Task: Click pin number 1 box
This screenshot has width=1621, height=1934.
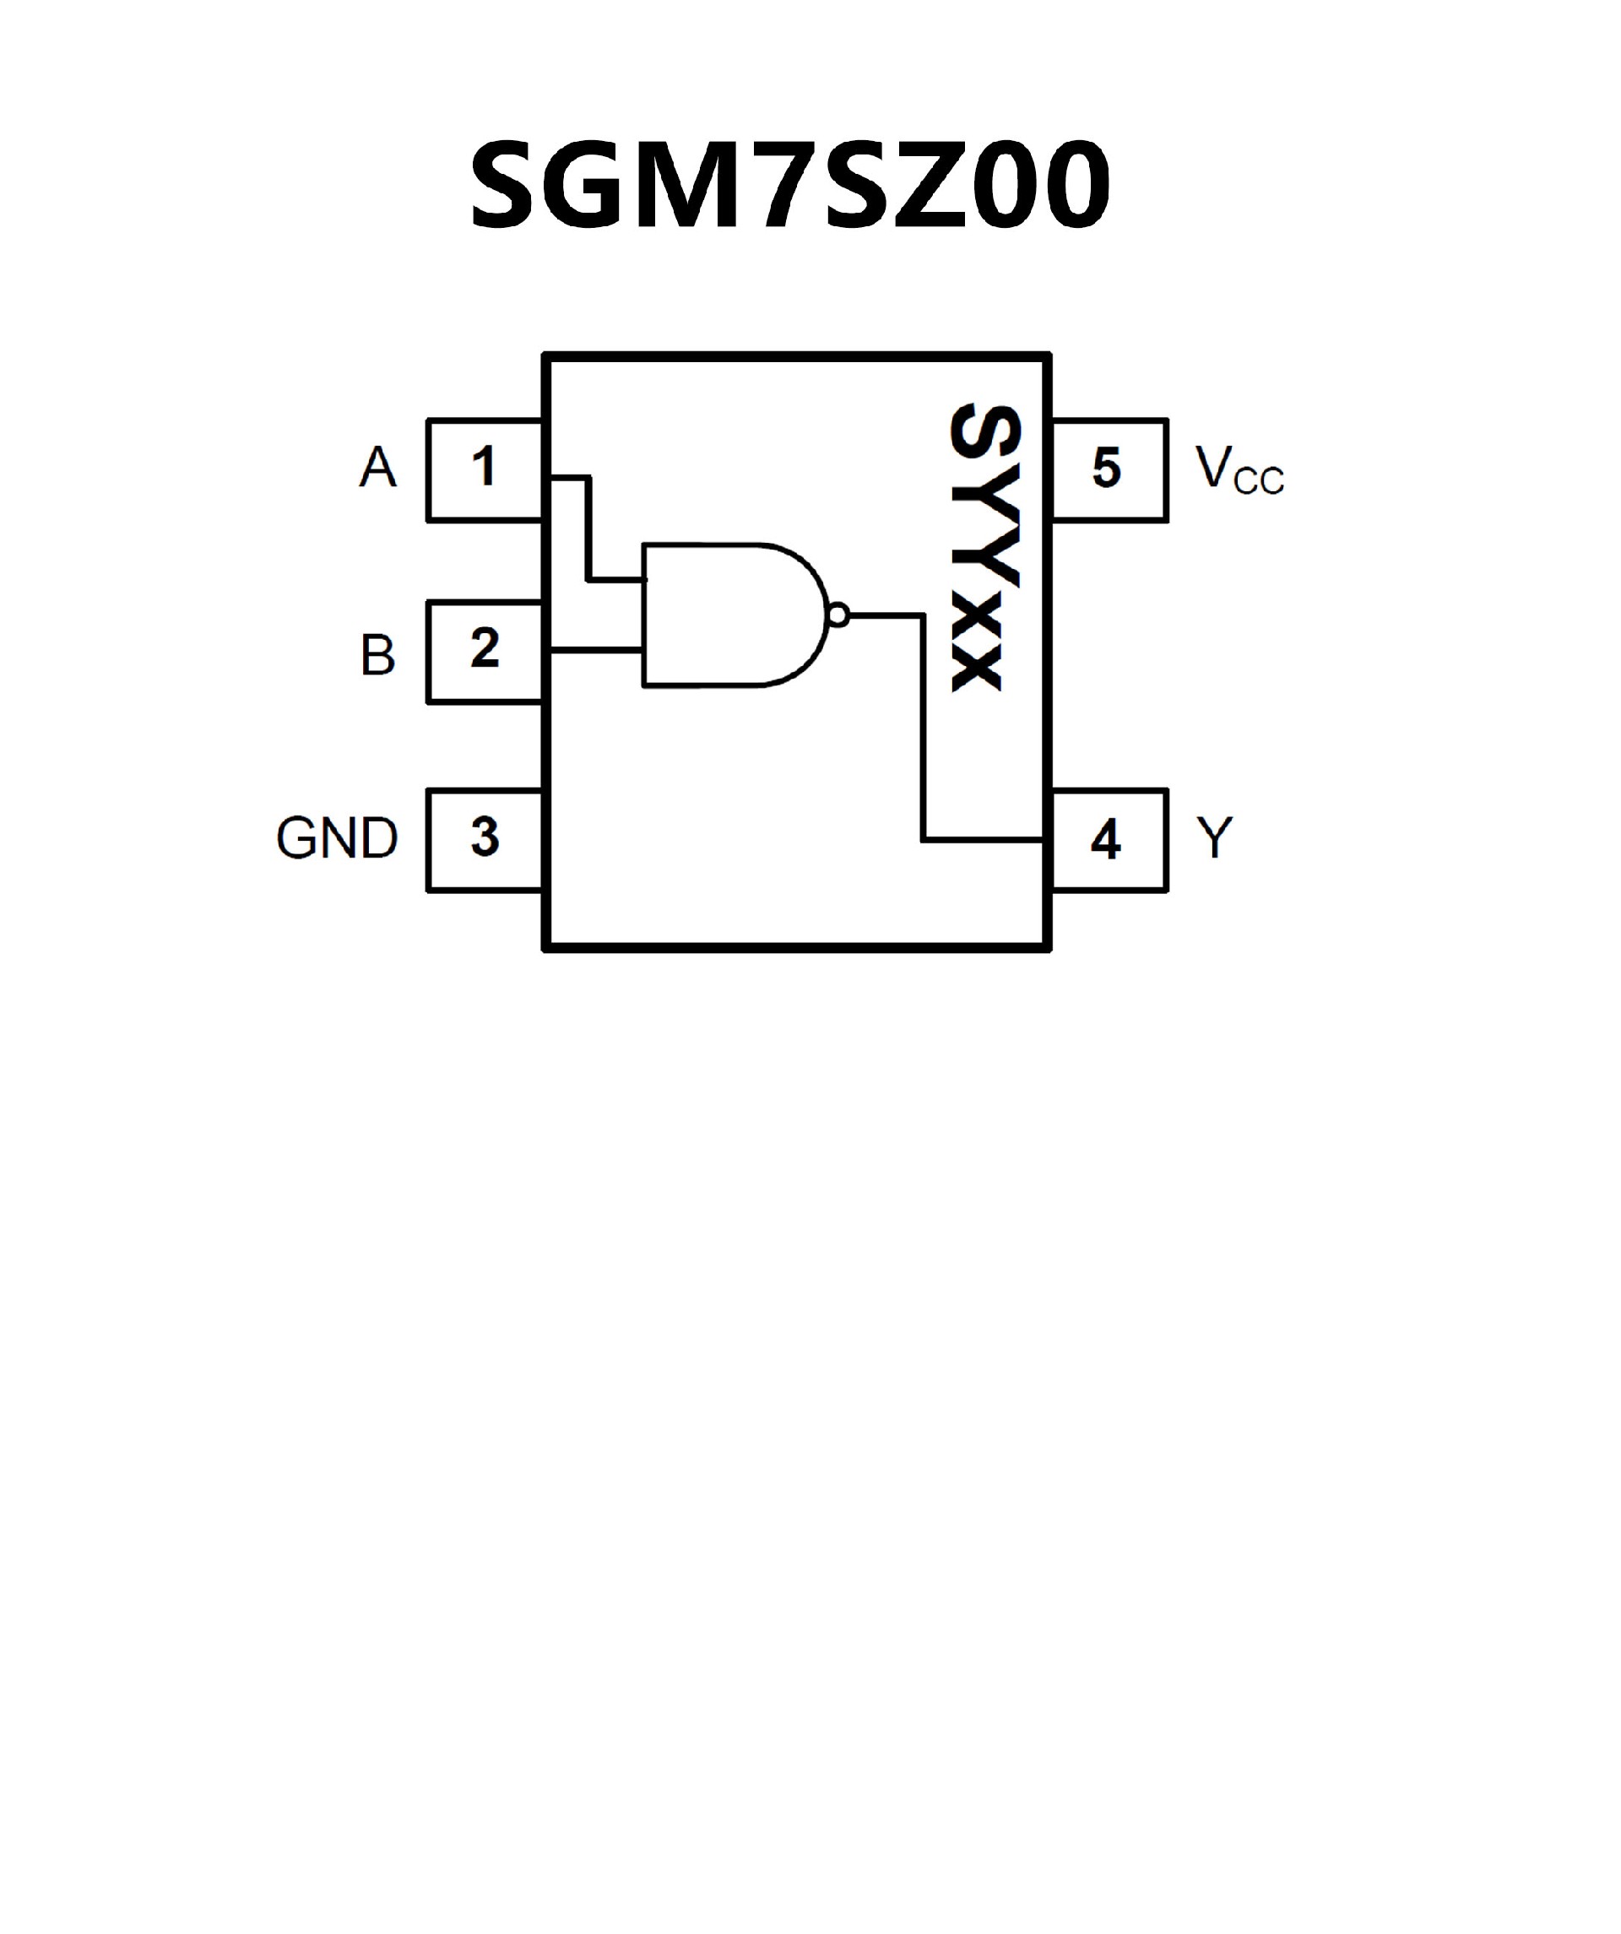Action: pyautogui.click(x=485, y=469)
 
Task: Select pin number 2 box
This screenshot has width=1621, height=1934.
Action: pyautogui.click(x=485, y=652)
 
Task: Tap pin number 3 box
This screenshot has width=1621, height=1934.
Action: pyautogui.click(x=485, y=840)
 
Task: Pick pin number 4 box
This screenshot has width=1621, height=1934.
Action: pyautogui.click(x=1109, y=840)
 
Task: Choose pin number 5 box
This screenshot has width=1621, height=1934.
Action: pyautogui.click(x=1109, y=469)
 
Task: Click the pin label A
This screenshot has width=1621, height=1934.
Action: pyautogui.click(x=377, y=468)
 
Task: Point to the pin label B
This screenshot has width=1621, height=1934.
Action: pyautogui.click(x=377, y=656)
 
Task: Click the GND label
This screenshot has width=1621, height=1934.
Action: pyautogui.click(x=337, y=838)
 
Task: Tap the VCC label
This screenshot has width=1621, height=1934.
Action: pyautogui.click(x=1238, y=472)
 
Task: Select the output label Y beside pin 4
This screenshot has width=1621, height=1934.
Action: pyautogui.click(x=1214, y=838)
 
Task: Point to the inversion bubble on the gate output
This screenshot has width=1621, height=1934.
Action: pyautogui.click(x=838, y=615)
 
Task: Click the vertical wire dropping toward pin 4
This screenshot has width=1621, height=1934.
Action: pyautogui.click(x=923, y=728)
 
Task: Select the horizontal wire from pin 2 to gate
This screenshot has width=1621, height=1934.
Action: pyautogui.click(x=597, y=650)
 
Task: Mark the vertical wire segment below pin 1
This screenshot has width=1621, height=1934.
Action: pyautogui.click(x=588, y=529)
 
